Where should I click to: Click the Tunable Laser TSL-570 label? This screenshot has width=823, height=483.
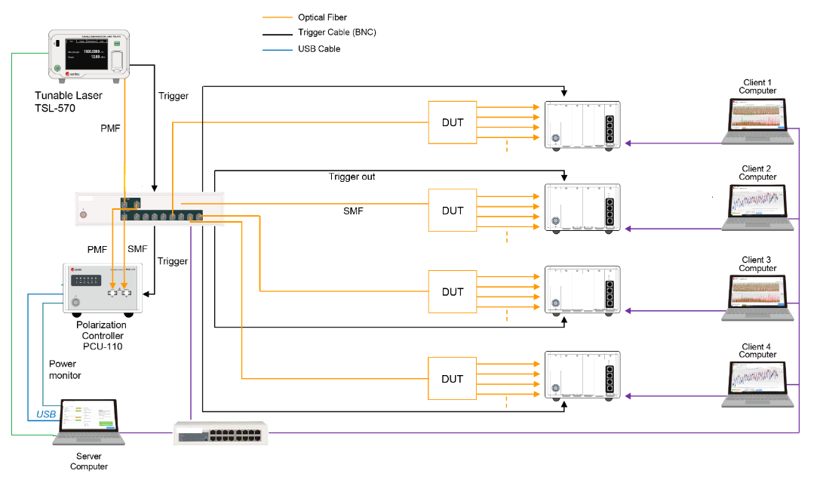coord(68,101)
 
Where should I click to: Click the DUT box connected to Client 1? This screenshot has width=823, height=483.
coord(453,122)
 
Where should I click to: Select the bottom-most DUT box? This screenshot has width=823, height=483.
coord(453,379)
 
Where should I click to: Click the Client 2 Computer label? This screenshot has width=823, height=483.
coord(757,173)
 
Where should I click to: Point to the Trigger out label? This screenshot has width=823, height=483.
coord(352,177)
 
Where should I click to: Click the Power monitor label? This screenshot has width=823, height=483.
coord(65,369)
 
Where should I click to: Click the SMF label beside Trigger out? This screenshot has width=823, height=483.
coord(353,211)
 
